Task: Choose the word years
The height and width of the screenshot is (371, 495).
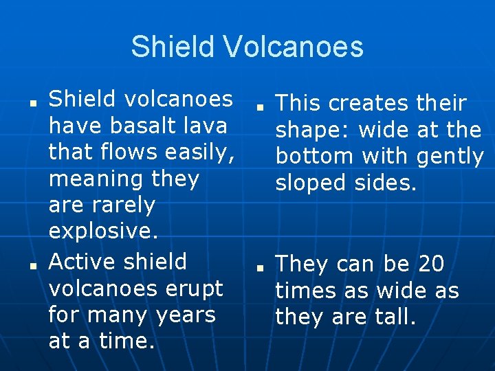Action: click(185, 315)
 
